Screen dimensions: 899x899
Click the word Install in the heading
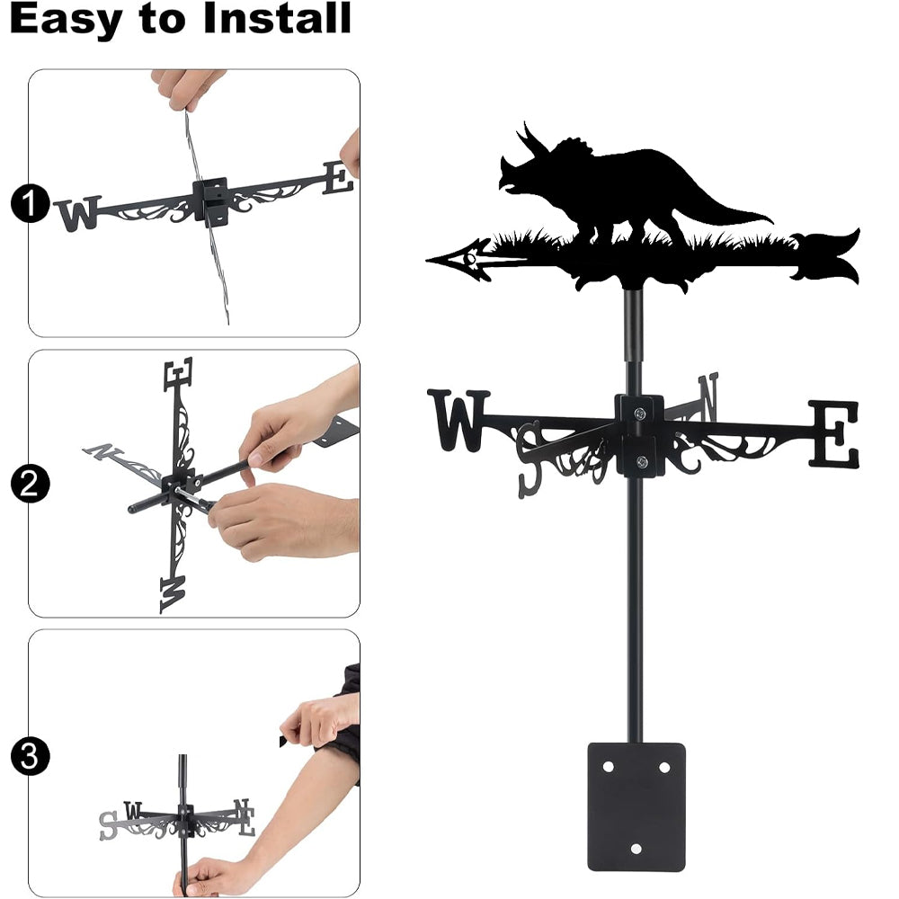tap(276, 18)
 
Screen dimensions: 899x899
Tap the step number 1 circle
tap(30, 203)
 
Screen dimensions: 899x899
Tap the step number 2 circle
tap(30, 484)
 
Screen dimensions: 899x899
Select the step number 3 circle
tap(30, 756)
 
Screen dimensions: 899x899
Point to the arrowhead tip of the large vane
tap(427, 261)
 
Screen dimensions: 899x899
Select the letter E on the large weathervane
tap(834, 433)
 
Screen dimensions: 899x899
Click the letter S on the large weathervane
tap(530, 458)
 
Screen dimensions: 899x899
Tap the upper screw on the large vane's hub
tap(639, 413)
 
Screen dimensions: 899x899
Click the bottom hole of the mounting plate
tap(636, 849)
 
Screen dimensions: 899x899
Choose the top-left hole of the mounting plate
tap(609, 767)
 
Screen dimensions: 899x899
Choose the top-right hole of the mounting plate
tap(664, 767)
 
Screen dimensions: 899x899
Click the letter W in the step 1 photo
tap(78, 213)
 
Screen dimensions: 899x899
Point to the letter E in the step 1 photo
tap(337, 177)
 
